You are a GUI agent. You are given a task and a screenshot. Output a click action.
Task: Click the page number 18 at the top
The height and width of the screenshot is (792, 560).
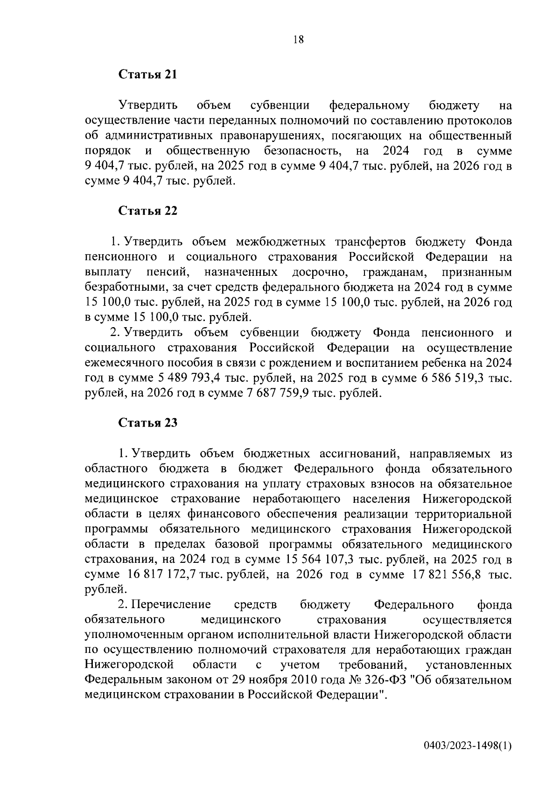[x=298, y=40]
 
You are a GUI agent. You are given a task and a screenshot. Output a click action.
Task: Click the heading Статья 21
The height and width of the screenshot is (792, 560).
[x=148, y=75]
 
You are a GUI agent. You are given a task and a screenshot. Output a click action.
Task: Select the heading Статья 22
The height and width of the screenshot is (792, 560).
[x=148, y=211]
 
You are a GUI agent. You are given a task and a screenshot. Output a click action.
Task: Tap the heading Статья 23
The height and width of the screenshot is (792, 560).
[x=148, y=423]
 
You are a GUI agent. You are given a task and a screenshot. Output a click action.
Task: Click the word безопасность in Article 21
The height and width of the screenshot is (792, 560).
[x=301, y=151]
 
